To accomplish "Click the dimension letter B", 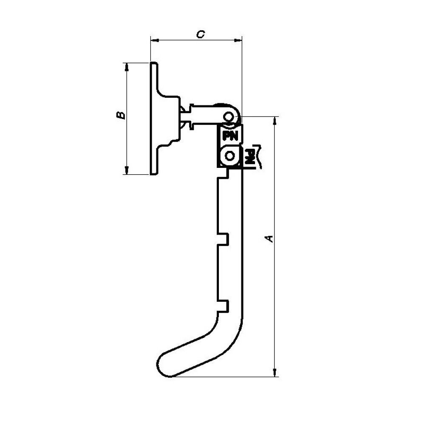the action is [121, 115].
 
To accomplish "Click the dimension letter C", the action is [201, 34].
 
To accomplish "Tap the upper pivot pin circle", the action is [229, 117].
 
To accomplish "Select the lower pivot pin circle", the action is [230, 156].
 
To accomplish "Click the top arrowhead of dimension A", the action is [275, 121].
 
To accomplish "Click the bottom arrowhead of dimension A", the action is [275, 372].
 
